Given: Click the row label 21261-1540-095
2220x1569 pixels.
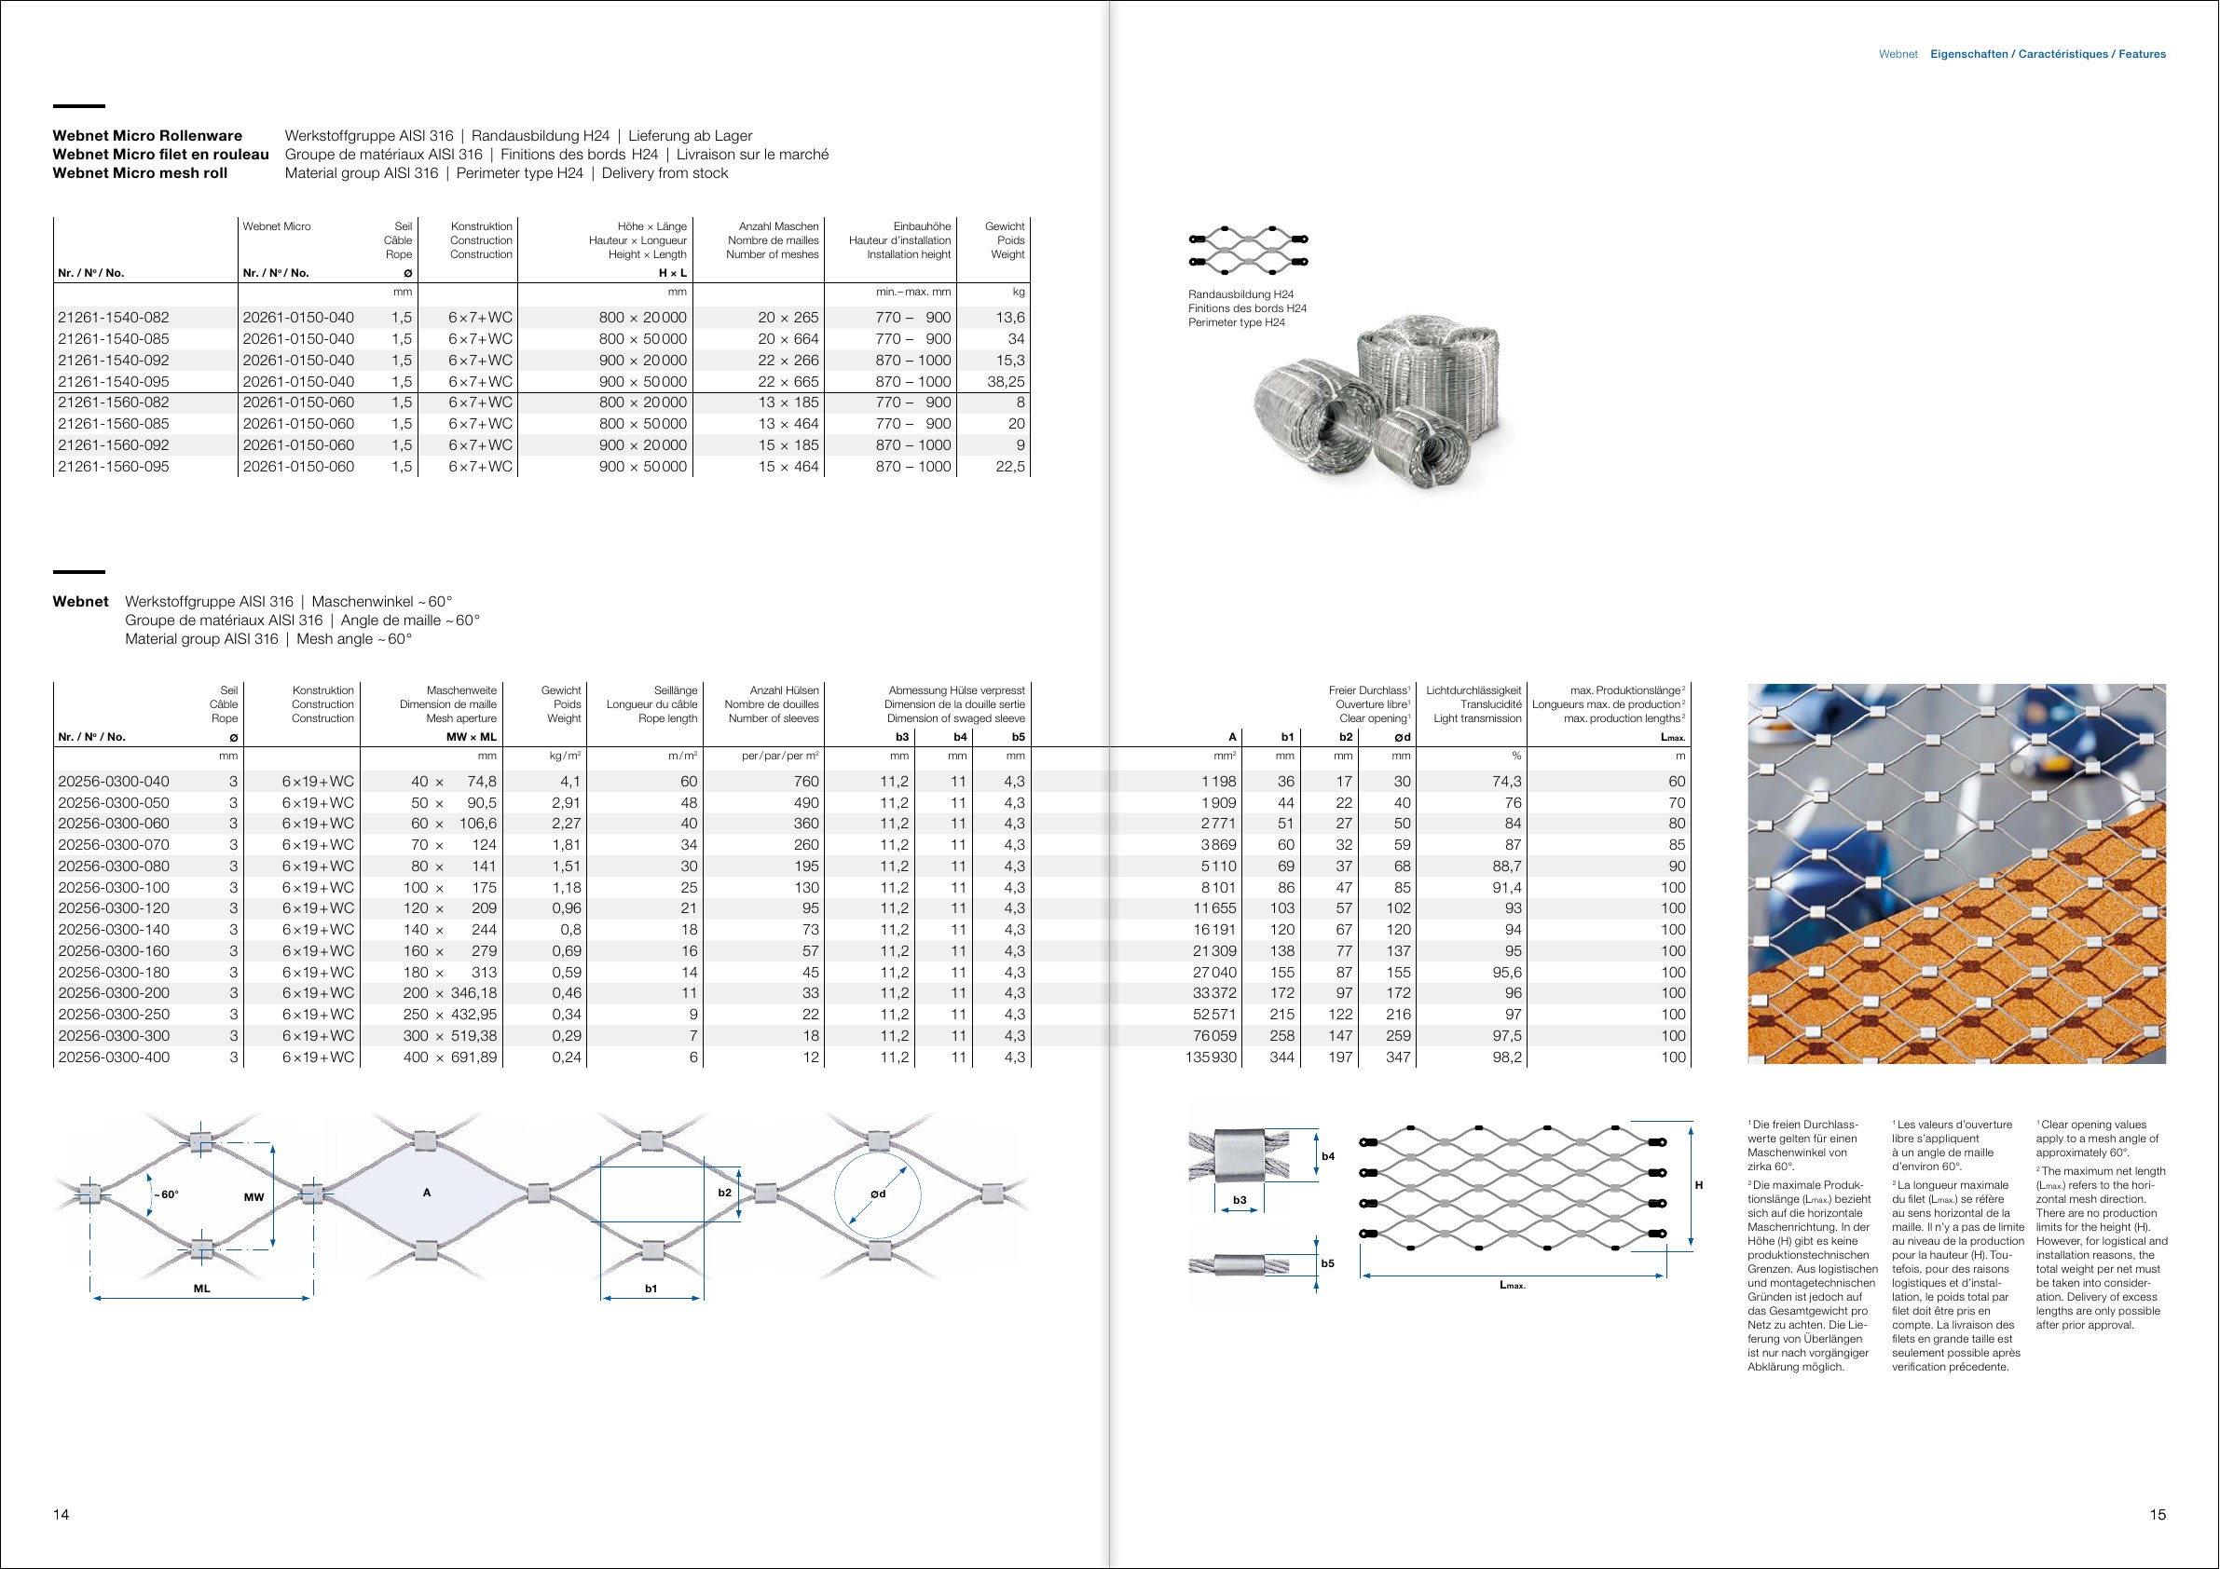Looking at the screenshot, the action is [x=113, y=382].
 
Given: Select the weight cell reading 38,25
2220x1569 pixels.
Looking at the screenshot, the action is [x=1006, y=382].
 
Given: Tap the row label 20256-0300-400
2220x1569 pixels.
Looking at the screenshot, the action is [x=113, y=1057].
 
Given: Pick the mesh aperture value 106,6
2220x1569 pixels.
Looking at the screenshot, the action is [x=478, y=824].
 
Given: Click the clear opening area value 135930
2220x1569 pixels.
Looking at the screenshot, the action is [x=1204, y=1057].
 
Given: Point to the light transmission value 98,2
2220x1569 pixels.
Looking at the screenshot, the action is [x=1506, y=1057].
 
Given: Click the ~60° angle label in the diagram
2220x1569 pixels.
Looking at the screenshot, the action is [x=165, y=1194].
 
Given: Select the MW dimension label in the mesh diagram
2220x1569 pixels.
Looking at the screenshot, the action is [x=254, y=1197].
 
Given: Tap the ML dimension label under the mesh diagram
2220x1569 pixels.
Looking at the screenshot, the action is [x=201, y=1289].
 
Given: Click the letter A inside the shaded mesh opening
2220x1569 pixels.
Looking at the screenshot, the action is [x=427, y=1193].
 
